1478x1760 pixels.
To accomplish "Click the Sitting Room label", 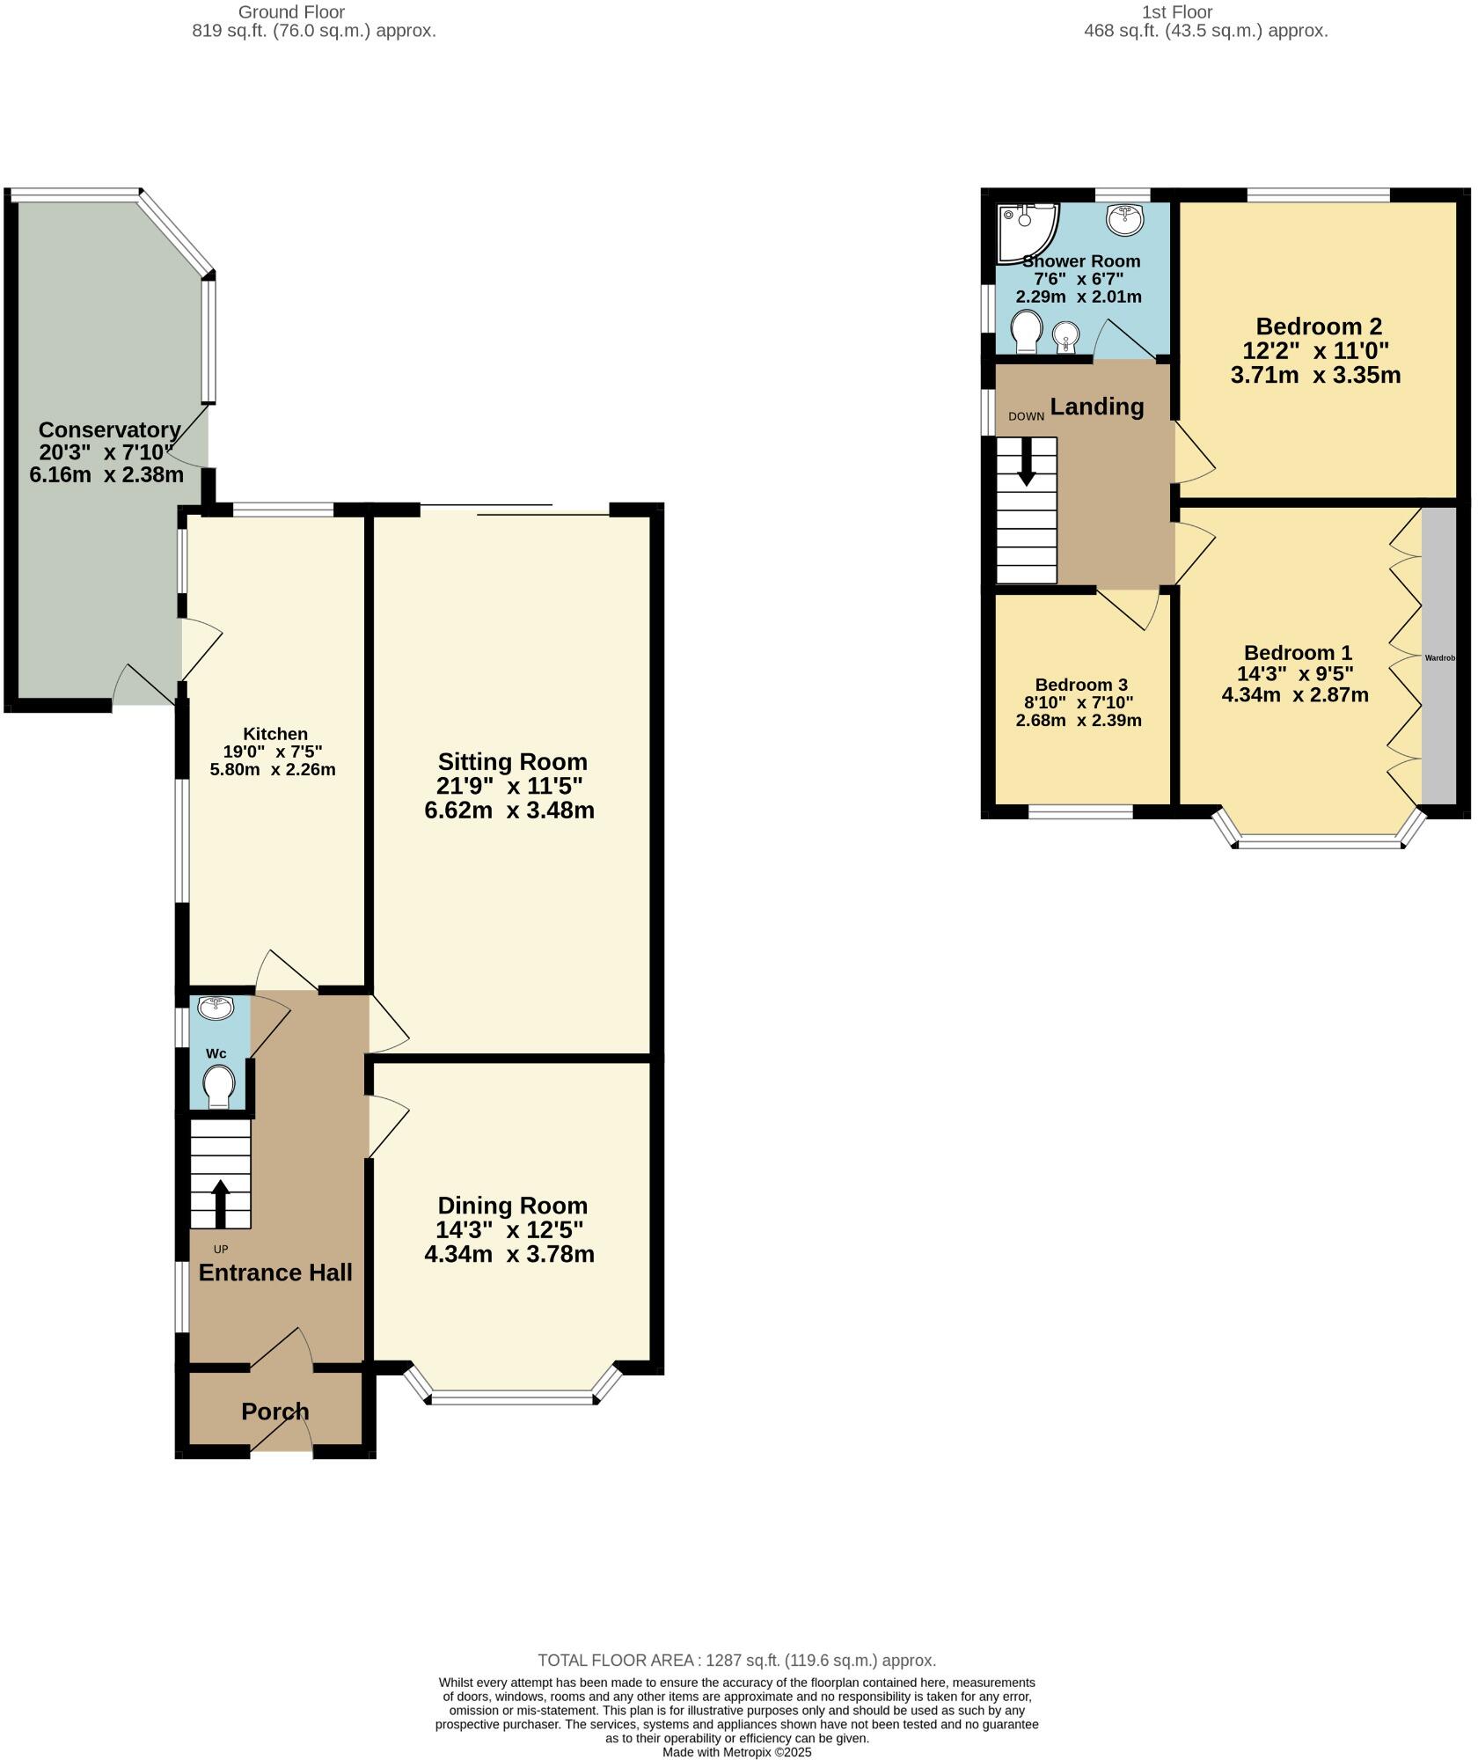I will coord(512,761).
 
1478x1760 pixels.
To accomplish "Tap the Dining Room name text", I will coord(512,1206).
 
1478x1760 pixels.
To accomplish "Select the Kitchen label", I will coord(275,734).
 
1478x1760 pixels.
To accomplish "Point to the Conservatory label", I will coord(110,430).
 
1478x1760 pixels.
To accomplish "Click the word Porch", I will coord(275,1412).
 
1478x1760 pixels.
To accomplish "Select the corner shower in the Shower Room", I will coord(1025,227).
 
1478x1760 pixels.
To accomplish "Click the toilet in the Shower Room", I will coord(1026,331).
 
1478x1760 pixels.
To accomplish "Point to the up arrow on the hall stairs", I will coord(220,1203).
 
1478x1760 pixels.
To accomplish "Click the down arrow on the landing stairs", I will coord(1026,461).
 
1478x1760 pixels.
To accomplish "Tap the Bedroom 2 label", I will coord(1318,326).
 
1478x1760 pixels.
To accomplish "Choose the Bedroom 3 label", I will coord(1081,685).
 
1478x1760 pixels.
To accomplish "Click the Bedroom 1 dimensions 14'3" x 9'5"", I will coord(1295,674).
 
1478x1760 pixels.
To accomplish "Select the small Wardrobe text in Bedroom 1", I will coord(1440,657).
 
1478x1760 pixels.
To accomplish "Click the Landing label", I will coord(1097,407).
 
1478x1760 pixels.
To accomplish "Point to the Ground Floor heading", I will coord(291,12).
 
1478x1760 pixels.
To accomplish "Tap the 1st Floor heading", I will coord(1177,12).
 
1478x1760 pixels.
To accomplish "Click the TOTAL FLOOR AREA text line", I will coord(736,1661).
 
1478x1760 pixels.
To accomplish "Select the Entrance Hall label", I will coord(275,1272).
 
